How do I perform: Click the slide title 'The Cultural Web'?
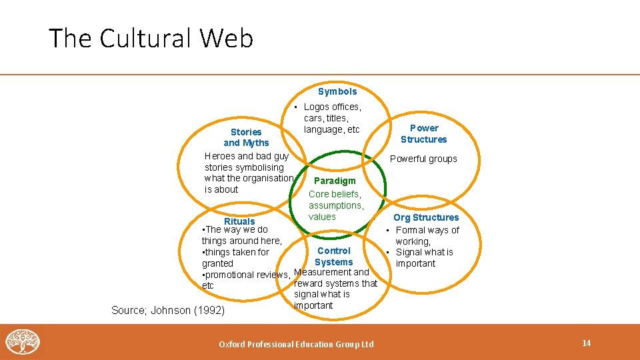click(x=151, y=39)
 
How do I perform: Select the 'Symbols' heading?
click(x=337, y=91)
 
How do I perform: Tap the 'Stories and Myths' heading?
click(x=246, y=137)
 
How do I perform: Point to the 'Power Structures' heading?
click(x=424, y=133)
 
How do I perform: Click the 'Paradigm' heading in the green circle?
click(x=335, y=181)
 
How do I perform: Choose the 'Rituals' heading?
click(x=239, y=221)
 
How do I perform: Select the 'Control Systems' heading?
click(x=333, y=256)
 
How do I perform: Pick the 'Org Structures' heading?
click(x=426, y=217)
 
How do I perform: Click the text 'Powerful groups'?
click(x=423, y=159)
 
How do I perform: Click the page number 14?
click(x=587, y=343)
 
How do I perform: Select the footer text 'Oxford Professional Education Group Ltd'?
click(x=297, y=344)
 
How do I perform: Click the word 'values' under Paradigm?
click(x=322, y=217)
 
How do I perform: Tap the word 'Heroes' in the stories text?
click(x=219, y=156)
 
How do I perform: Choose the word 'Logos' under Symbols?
click(x=317, y=107)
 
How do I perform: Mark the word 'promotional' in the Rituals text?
click(x=229, y=275)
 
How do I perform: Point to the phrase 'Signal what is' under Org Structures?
click(x=424, y=252)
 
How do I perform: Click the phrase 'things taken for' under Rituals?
click(x=237, y=252)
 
